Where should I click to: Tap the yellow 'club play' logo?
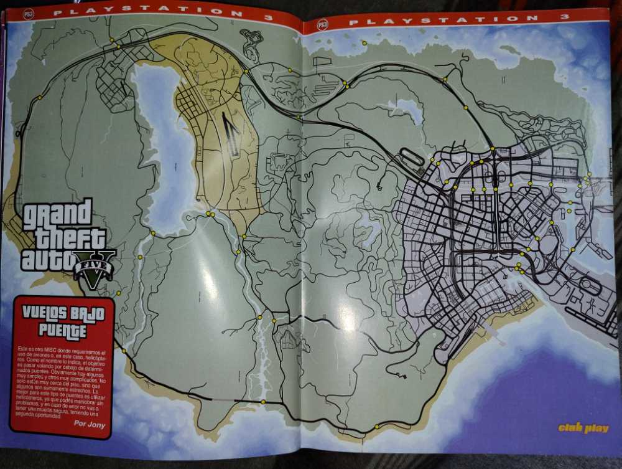tap(583, 428)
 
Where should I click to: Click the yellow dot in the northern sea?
tap(364, 43)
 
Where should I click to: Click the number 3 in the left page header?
tap(269, 17)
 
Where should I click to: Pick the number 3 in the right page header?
tap(565, 16)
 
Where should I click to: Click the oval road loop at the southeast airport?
tap(589, 286)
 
